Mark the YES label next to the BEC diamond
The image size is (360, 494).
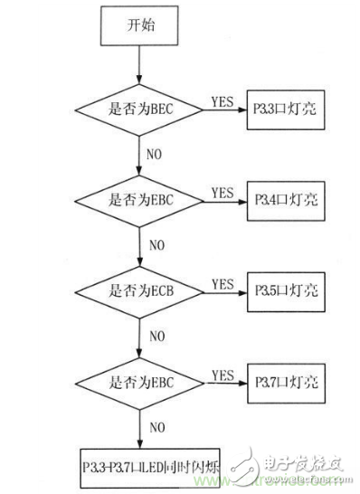tap(223, 100)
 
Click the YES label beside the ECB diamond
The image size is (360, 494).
tap(223, 283)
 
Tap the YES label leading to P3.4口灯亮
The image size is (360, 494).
tap(223, 191)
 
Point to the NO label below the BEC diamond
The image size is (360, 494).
tap(156, 154)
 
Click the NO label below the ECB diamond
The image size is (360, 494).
tap(156, 336)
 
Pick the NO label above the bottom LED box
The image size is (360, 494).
tap(156, 426)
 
